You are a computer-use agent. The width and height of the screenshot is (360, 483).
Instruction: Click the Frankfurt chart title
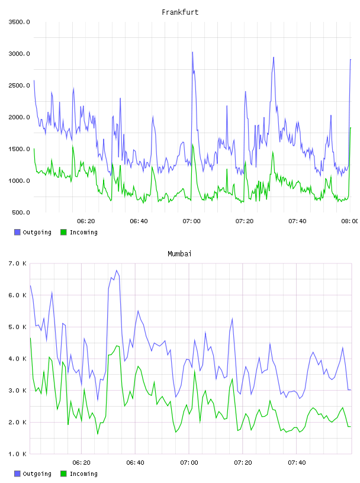pos(180,12)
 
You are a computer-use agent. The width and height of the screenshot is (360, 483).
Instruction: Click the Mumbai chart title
pos(179,254)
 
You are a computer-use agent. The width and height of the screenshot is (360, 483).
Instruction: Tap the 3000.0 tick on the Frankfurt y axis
pos(19,54)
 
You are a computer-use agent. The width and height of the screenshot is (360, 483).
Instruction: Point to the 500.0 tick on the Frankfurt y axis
pos(21,212)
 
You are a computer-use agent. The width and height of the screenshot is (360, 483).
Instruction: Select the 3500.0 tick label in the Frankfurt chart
pos(19,22)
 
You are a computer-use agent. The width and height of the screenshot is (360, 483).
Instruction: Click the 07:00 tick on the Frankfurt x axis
pos(191,221)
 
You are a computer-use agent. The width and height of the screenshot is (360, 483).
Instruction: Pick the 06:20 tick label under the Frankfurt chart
pos(86,221)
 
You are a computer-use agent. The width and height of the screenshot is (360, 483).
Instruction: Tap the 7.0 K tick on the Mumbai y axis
pos(17,263)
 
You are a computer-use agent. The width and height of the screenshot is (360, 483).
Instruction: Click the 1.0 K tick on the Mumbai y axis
pos(17,454)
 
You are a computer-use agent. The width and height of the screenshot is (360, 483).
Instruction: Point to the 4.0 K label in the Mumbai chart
pos(17,359)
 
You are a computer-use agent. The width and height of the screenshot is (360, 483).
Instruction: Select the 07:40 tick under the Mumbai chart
pos(297,463)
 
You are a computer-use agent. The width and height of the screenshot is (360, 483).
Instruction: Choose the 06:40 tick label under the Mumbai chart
pos(136,463)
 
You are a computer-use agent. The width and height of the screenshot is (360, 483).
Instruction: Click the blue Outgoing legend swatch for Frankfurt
pos(17,232)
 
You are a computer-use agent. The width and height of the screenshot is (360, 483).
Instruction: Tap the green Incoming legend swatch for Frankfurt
pos(63,232)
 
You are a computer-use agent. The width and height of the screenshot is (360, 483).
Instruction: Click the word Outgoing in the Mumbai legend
pos(37,474)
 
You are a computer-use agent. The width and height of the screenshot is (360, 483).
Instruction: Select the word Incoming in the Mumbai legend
pos(83,474)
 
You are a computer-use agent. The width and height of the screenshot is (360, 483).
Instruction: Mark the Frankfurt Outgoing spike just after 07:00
pos(192,52)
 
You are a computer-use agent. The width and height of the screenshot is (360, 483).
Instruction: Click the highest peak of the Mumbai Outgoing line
pos(117,270)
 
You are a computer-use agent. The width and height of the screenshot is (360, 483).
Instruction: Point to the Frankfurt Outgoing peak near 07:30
pos(274,57)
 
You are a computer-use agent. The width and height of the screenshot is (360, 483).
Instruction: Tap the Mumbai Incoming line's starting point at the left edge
pos(30,338)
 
